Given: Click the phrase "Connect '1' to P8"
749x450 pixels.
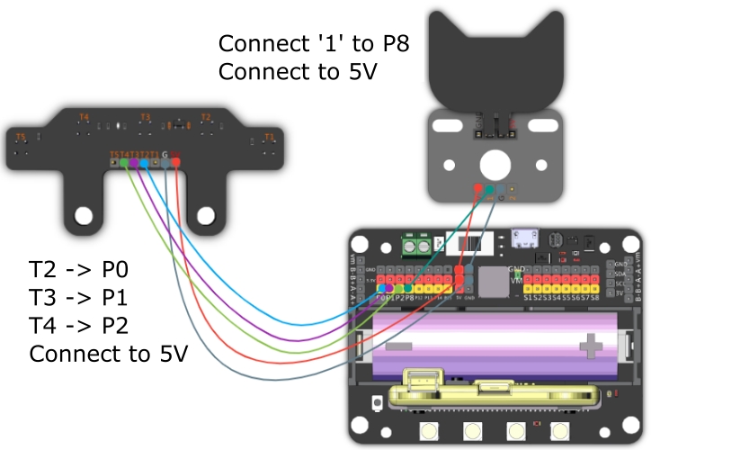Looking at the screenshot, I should pos(315,43).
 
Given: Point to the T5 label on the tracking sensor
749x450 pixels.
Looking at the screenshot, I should pos(22,138).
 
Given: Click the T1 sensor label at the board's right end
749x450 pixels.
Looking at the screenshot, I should pos(268,138).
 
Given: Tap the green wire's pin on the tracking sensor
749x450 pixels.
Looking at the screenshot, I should pos(123,163).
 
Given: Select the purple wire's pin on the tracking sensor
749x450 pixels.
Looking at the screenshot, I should pos(133,163).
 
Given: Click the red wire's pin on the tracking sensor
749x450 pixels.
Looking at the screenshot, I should pos(176,163).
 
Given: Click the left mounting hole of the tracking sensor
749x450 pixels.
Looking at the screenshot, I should pos(84,215).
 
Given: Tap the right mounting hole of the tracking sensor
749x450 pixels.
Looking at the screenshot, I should pos(206,215).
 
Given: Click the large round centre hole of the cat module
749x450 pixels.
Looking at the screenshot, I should pos(493,164).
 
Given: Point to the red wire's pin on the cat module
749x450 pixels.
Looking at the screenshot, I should pos(477,189).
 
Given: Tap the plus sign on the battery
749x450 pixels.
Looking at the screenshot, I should pos(593,345).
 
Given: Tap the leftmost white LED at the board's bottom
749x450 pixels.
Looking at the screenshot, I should pos(426,431).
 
